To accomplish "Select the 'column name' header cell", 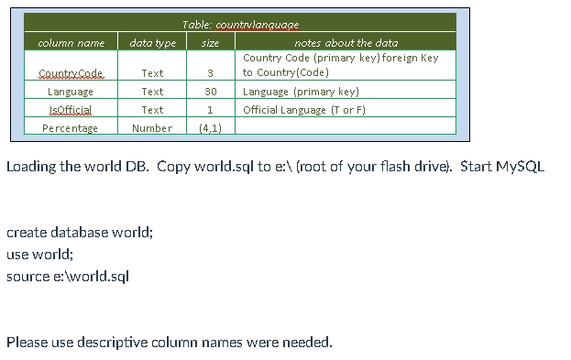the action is pos(71,42).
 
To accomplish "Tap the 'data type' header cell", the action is pos(153,42).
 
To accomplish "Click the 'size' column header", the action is pos(210,42).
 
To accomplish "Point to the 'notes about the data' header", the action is pos(346,42).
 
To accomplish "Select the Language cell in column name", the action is pos(71,92).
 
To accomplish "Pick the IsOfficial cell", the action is pos(71,110).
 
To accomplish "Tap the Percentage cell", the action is pos(71,128).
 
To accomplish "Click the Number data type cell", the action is pos(152,128).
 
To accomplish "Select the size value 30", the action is pos(210,92).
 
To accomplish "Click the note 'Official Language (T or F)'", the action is pos(304,110).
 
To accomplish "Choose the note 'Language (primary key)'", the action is pos(301,92).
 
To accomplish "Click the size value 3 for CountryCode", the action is pos(210,72).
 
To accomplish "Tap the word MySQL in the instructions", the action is pos(520,167).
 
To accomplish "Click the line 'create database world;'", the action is pos(79,232).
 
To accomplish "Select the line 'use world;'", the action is pos(39,254).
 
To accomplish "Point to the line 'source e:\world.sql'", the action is pos(67,276).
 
